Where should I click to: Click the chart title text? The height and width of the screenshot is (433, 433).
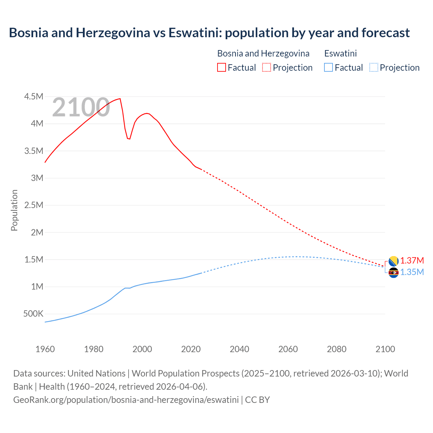point(209,33)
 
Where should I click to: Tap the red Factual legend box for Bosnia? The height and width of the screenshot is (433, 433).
point(221,67)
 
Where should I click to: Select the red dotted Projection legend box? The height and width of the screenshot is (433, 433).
point(267,67)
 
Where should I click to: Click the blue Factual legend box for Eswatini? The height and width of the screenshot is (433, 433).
point(328,67)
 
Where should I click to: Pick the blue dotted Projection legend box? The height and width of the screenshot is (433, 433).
point(373,67)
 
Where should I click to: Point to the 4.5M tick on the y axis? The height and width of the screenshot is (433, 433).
point(34,97)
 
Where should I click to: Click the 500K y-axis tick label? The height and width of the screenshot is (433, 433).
point(33,314)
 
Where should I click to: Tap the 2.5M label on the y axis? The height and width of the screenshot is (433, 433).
point(34,205)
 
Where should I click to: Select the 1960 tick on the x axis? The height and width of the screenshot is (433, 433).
point(45,349)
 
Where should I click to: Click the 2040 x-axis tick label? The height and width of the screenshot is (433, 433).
point(240,349)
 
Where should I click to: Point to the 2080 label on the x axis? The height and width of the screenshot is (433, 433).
point(337,349)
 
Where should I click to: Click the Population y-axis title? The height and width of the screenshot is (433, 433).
point(14,210)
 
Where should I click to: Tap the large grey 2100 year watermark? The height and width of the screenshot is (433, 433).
point(81,108)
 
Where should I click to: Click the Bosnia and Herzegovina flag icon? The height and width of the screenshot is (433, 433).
point(393,261)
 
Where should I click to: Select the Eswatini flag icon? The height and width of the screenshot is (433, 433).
point(393,272)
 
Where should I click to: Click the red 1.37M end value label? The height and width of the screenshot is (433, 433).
point(412,261)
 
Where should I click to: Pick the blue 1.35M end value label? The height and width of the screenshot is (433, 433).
point(412,272)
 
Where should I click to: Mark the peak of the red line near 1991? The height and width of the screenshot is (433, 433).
point(120,99)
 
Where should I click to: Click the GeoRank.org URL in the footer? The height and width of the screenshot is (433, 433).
point(126,400)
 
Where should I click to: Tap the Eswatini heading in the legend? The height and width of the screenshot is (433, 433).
point(340,53)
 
